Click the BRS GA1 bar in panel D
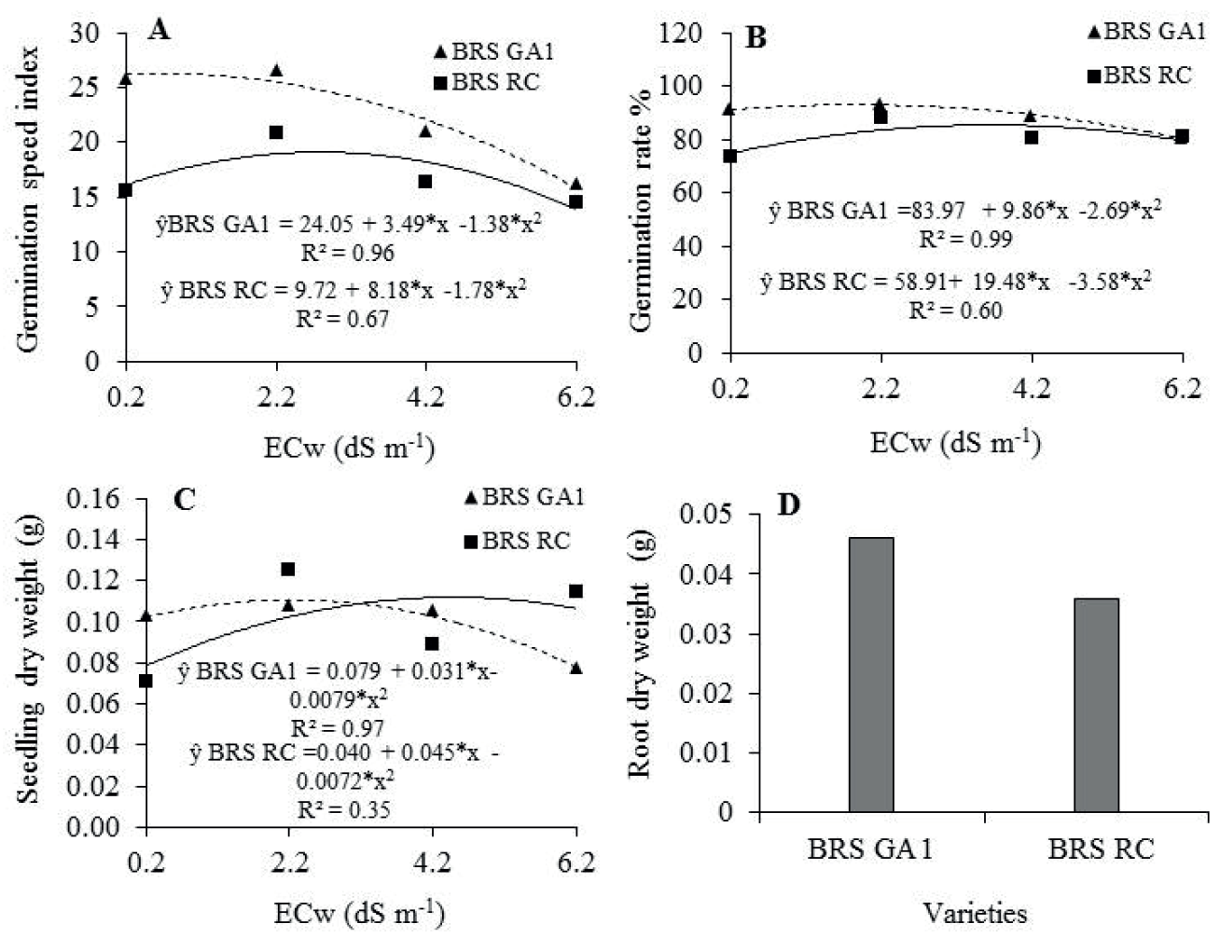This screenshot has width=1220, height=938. point(871,673)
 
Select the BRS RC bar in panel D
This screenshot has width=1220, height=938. point(1096,704)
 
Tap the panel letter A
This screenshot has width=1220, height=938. point(159,31)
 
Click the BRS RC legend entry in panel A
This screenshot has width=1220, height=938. point(486,82)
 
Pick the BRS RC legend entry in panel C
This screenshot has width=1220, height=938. point(516,540)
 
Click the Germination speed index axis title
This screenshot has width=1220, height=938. point(28,198)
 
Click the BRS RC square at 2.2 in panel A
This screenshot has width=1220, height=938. point(276,132)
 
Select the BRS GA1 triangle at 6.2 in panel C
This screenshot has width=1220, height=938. point(576,668)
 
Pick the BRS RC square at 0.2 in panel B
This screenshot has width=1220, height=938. point(730,156)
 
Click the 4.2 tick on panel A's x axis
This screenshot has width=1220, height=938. point(425,398)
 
